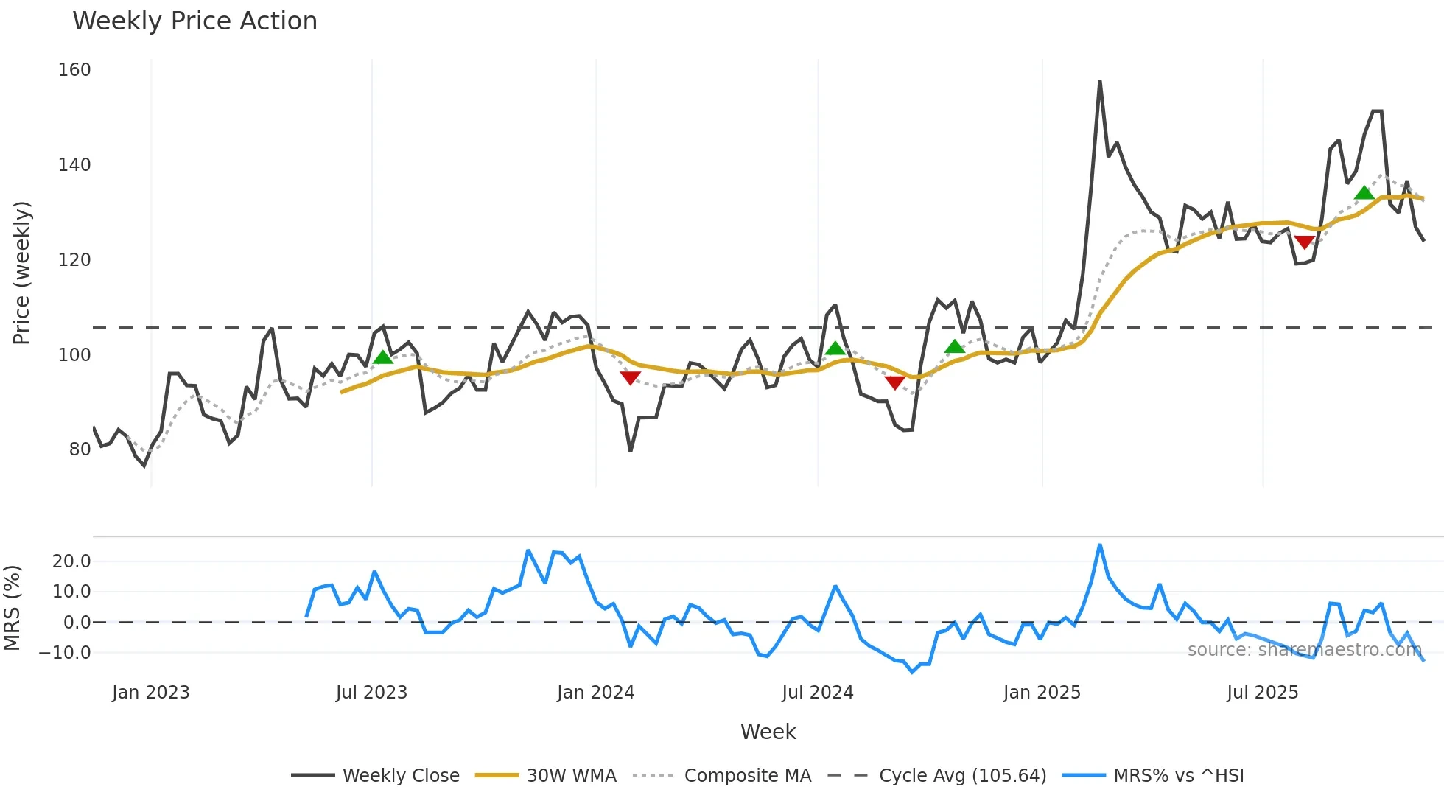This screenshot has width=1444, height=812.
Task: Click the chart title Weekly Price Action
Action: click(x=194, y=21)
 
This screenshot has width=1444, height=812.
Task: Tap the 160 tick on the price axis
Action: click(x=74, y=70)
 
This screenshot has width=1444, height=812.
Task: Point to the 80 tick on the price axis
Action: click(x=80, y=449)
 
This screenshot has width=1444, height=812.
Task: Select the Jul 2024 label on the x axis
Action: click(x=817, y=693)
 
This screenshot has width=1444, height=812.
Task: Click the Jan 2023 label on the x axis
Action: click(x=151, y=693)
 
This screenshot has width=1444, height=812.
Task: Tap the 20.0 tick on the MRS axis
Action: click(x=71, y=561)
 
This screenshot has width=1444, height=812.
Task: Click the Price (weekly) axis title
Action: click(x=21, y=273)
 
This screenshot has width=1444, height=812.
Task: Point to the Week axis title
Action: click(x=768, y=732)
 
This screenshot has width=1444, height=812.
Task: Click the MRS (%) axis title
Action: click(x=12, y=608)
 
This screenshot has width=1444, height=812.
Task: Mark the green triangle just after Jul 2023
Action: click(x=383, y=358)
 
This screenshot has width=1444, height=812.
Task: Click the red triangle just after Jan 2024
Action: click(x=630, y=378)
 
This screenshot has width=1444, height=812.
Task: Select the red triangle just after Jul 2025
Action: click(x=1304, y=242)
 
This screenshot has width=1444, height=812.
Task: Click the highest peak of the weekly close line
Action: click(x=1099, y=82)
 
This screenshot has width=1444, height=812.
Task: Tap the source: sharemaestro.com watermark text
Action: click(x=1304, y=650)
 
